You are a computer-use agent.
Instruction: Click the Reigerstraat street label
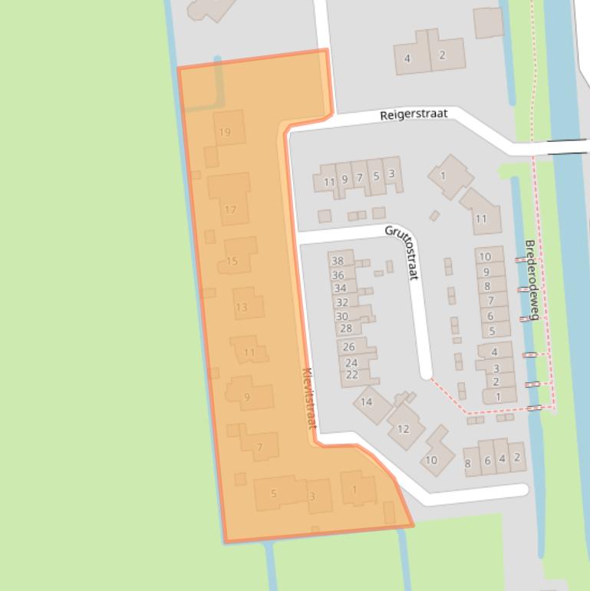pyautogui.click(x=414, y=114)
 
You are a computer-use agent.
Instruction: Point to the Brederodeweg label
pyautogui.click(x=532, y=279)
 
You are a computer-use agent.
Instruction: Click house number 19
pyautogui.click(x=225, y=132)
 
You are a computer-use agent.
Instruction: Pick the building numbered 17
pyautogui.click(x=230, y=210)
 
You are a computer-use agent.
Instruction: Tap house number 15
pyautogui.click(x=232, y=261)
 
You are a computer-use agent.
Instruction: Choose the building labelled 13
pyautogui.click(x=242, y=307)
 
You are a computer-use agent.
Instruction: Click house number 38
pyautogui.click(x=338, y=262)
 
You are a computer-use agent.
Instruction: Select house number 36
pyautogui.click(x=338, y=275)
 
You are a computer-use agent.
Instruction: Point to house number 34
pyautogui.click(x=340, y=289)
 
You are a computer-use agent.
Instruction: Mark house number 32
pyautogui.click(x=341, y=302)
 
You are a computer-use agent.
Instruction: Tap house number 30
pyautogui.click(x=342, y=316)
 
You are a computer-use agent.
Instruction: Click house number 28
pyautogui.click(x=345, y=329)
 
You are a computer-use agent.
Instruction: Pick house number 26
pyautogui.click(x=349, y=347)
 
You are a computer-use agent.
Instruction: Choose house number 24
pyautogui.click(x=351, y=363)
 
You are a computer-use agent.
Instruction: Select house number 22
pyautogui.click(x=352, y=375)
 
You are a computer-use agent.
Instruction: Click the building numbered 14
pyautogui.click(x=366, y=401)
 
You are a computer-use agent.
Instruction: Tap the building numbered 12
pyautogui.click(x=403, y=429)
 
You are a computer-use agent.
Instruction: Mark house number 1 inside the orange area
pyautogui.click(x=354, y=490)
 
